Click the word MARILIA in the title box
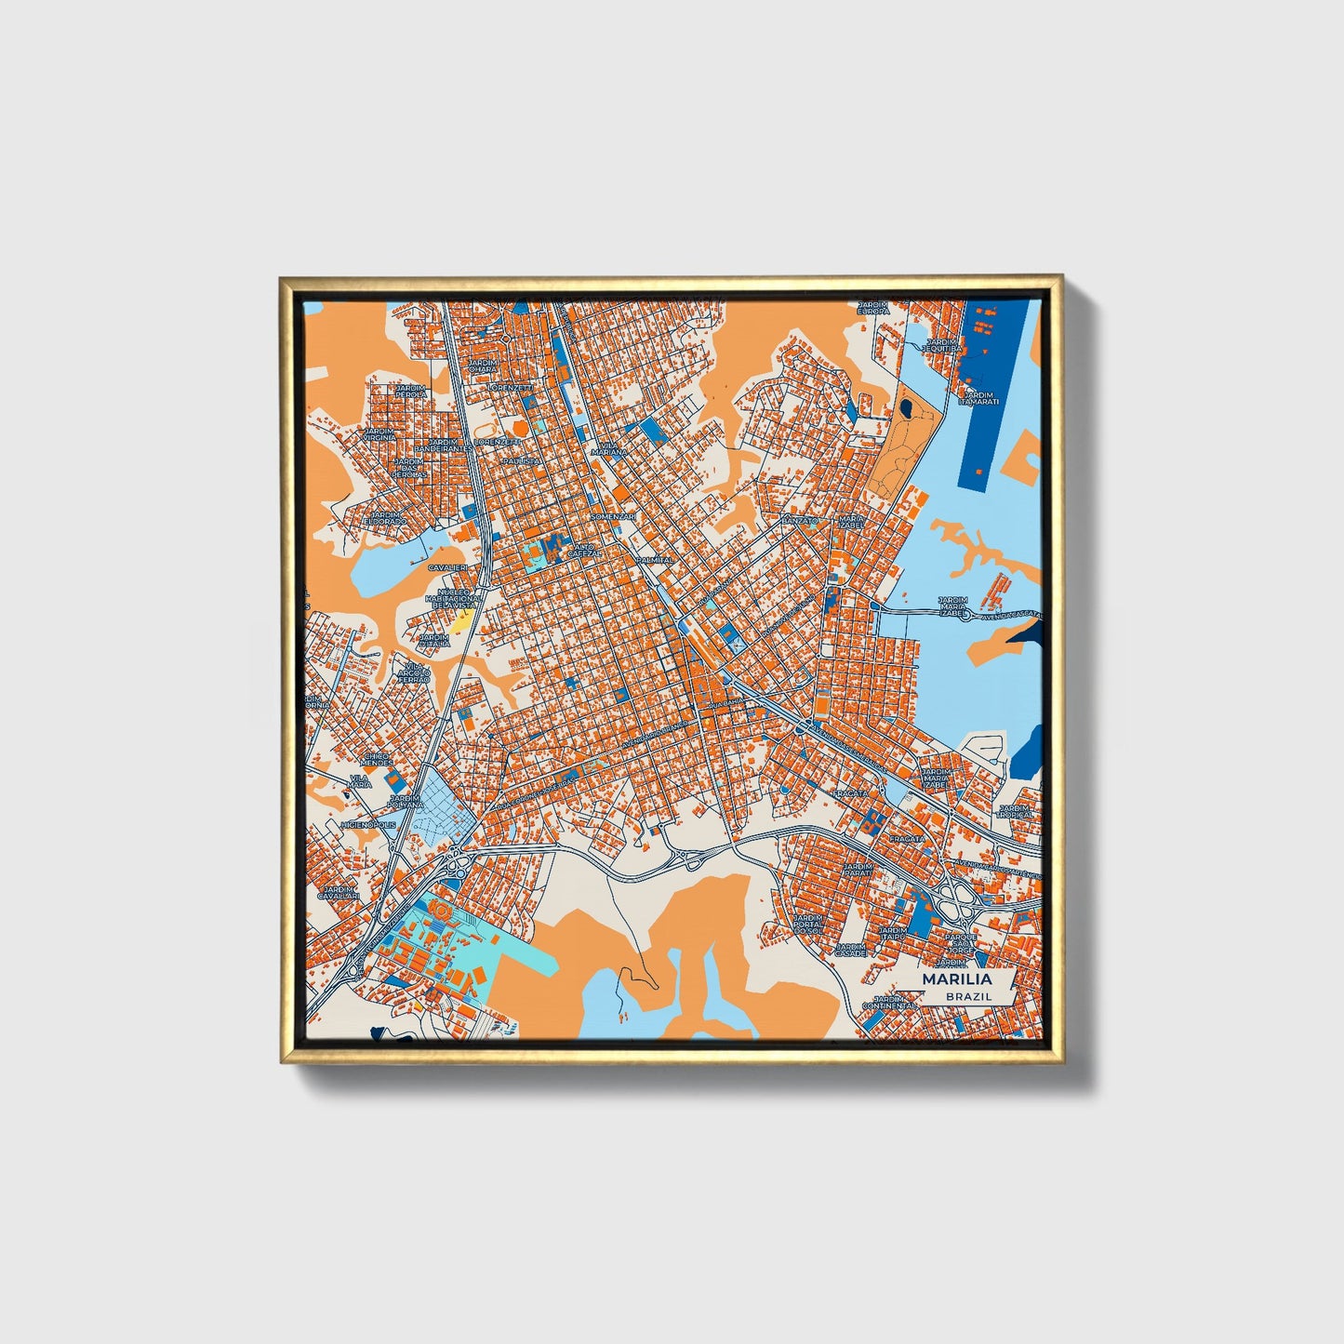coord(956,979)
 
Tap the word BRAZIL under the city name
coord(968,996)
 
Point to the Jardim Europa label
coord(872,308)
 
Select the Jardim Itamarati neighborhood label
coord(978,398)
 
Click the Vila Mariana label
coord(610,449)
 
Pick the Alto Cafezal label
coord(585,550)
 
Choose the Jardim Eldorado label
coord(384,518)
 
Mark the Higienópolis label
coord(368,825)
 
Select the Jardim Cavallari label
coord(336,892)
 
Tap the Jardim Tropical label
coord(1016,811)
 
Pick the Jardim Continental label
coord(883,1002)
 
